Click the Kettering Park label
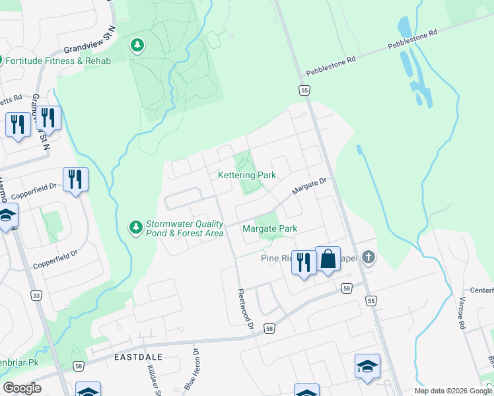point(247,176)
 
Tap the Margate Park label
point(269,228)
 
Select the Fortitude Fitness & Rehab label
point(57,61)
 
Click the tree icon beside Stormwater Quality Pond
point(135,228)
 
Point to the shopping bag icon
point(328,259)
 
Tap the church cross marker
point(369,258)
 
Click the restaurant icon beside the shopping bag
point(303,262)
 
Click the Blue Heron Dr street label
point(192,372)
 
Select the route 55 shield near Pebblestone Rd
point(304,90)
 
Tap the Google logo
point(22,388)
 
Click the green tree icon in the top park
point(137,46)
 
